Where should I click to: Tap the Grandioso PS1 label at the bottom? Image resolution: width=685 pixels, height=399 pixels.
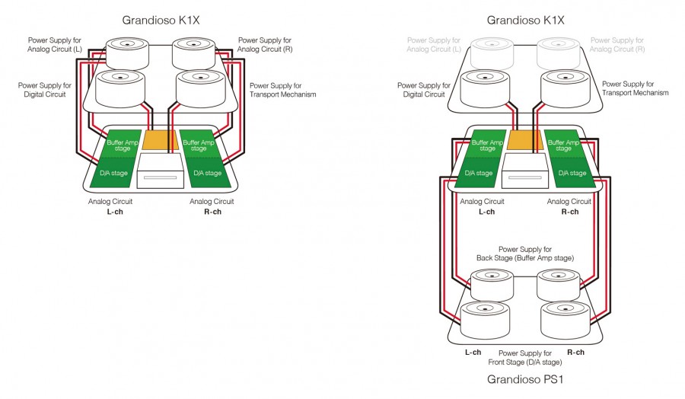[x=524, y=379]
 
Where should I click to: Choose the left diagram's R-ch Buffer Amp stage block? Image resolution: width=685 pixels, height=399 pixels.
[x=199, y=145]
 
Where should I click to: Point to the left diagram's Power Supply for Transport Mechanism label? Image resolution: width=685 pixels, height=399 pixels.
[x=282, y=90]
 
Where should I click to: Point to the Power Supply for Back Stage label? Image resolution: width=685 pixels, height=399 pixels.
[x=524, y=254]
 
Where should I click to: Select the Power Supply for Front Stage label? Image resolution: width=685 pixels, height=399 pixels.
[x=524, y=358]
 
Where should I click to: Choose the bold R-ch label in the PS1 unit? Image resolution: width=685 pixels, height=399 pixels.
[x=576, y=353]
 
